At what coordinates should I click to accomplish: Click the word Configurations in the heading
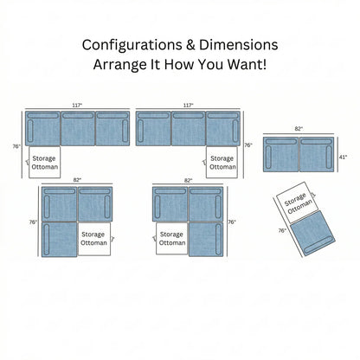point(132,45)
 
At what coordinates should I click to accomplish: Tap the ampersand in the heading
point(190,45)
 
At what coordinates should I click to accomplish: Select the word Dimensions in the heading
point(239,45)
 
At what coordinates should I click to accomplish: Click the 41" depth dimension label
point(343,157)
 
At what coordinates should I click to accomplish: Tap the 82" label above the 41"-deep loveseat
point(299,129)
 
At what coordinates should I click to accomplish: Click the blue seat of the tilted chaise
point(312,233)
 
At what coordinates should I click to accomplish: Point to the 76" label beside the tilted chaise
point(282,231)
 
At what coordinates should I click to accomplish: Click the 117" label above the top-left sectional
point(77,106)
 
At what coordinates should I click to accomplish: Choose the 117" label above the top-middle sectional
point(188,106)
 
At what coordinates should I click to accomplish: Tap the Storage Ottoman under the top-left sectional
point(45,163)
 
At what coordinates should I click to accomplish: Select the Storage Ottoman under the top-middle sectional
point(222,163)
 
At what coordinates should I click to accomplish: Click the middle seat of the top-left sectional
point(78,129)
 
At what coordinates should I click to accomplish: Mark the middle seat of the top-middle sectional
point(189,129)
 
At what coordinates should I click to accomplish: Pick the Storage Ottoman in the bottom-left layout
point(94,239)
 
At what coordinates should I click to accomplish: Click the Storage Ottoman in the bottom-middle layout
point(172,239)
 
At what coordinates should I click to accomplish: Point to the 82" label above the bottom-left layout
point(77,180)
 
